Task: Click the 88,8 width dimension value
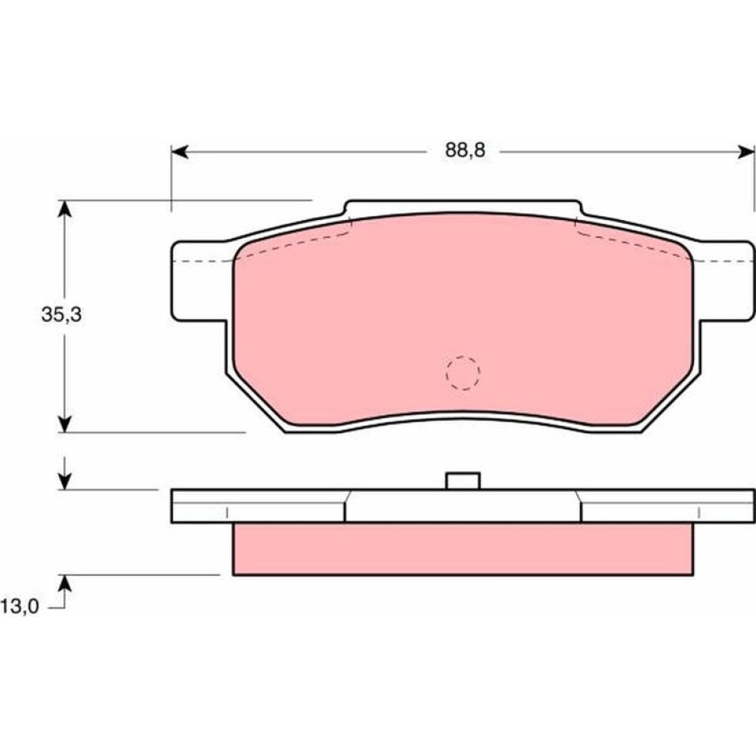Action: pyautogui.click(x=465, y=151)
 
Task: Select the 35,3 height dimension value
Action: pyautogui.click(x=61, y=314)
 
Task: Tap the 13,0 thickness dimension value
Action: pyautogui.click(x=20, y=606)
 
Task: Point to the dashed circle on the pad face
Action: pyautogui.click(x=463, y=373)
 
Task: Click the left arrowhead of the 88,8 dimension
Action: pyautogui.click(x=179, y=153)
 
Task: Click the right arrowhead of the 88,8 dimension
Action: pyautogui.click(x=746, y=153)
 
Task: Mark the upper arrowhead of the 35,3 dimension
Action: pyautogui.click(x=64, y=209)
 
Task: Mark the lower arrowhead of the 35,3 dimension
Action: pyautogui.click(x=64, y=424)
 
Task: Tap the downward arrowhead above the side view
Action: pyautogui.click(x=64, y=481)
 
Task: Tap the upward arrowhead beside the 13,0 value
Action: pyautogui.click(x=64, y=584)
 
